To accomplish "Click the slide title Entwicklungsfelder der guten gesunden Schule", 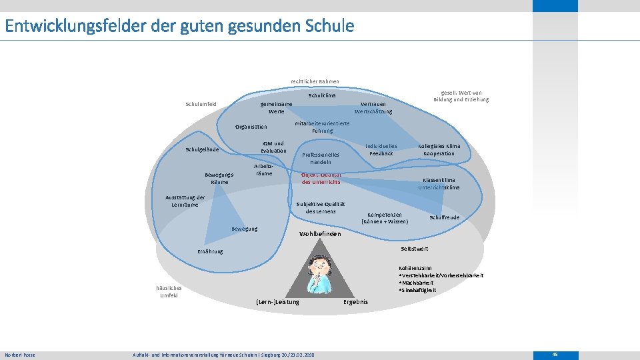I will [179, 27].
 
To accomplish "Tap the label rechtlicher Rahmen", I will [315, 81].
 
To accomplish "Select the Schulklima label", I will [322, 96].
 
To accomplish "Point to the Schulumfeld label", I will [201, 104].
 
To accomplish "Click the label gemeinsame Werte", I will [276, 108].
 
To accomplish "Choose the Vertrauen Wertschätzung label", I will [373, 108].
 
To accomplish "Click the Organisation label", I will [251, 127].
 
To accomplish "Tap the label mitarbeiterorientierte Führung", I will [323, 127].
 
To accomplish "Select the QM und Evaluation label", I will [273, 147].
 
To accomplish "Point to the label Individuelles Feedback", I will [381, 149].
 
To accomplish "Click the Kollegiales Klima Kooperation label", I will [439, 149].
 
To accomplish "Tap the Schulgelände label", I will [202, 149].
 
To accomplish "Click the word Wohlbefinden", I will [320, 234].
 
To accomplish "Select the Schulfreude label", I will [444, 217].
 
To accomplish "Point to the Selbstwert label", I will [415, 249].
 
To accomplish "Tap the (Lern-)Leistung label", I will [278, 302].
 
